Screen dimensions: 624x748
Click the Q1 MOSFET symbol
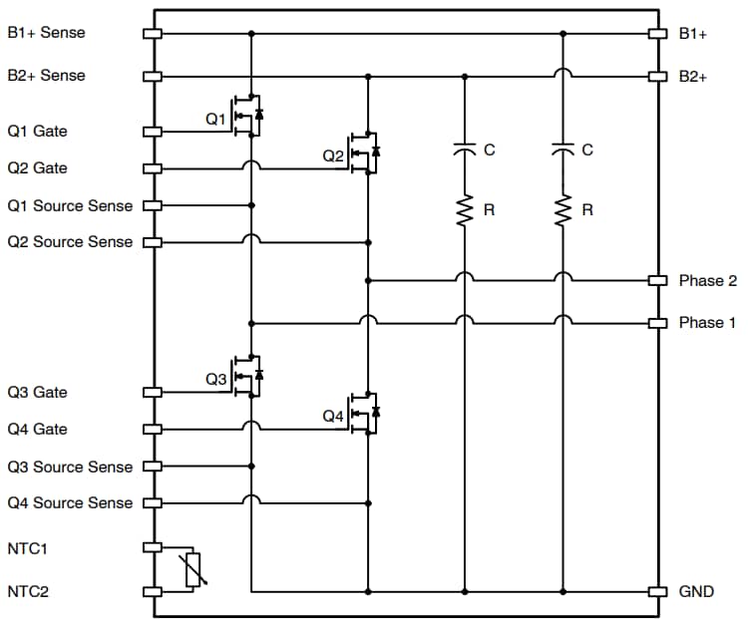[x=246, y=118]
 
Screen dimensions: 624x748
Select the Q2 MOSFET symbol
[x=364, y=153]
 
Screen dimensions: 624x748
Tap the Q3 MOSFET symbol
[x=246, y=377]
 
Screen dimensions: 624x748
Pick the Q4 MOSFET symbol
[x=364, y=413]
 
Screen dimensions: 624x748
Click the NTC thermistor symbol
[x=193, y=569]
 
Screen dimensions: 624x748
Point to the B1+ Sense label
[x=47, y=33]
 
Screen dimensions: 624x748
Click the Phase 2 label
[x=707, y=281]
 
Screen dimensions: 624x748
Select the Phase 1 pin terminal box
[x=657, y=323]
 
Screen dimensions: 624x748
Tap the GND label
[x=696, y=591]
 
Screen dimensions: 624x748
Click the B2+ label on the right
[x=693, y=76]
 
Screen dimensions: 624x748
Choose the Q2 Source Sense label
[x=70, y=242]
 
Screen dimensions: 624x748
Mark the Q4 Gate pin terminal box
[x=153, y=430]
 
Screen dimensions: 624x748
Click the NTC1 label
[x=28, y=548]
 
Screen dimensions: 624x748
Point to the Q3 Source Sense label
[x=70, y=467]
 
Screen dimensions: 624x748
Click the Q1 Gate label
[x=37, y=132]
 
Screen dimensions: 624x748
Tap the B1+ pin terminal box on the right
[x=657, y=33]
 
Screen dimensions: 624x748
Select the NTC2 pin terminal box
[x=153, y=591]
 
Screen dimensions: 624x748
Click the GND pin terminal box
[x=657, y=591]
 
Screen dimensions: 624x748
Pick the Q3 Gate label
[x=37, y=393]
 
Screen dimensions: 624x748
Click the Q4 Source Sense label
[x=70, y=503]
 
